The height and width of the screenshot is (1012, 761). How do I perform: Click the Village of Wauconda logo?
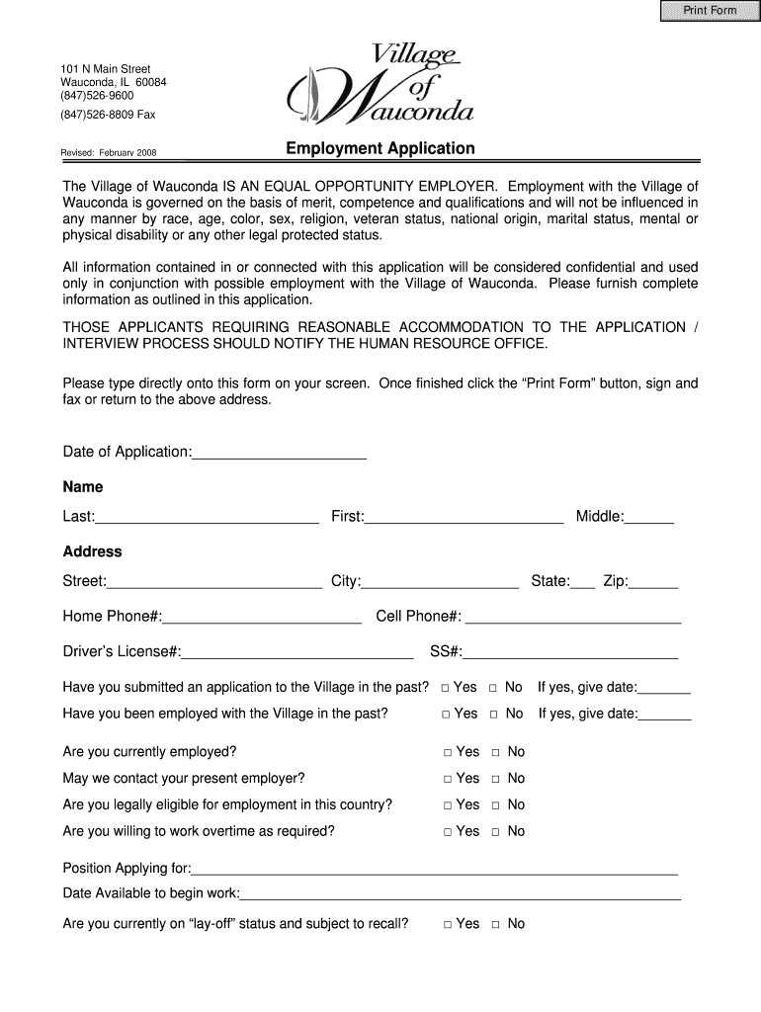pyautogui.click(x=380, y=86)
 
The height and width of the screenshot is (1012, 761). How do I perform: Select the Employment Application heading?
pyautogui.click(x=380, y=148)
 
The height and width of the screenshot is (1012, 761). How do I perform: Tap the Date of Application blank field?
pyautogui.click(x=280, y=452)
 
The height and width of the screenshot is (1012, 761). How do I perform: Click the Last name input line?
pyautogui.click(x=207, y=516)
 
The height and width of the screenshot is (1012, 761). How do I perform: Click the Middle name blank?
pyautogui.click(x=649, y=516)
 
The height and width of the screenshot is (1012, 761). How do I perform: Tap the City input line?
pyautogui.click(x=440, y=581)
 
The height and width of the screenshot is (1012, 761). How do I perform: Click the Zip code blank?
pyautogui.click(x=654, y=581)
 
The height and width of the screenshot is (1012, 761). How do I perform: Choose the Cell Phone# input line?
pyautogui.click(x=572, y=618)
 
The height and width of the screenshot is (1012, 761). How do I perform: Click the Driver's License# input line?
pyautogui.click(x=297, y=652)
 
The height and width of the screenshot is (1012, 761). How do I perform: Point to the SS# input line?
pyautogui.click(x=570, y=652)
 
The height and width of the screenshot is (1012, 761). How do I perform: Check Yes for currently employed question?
pyautogui.click(x=448, y=752)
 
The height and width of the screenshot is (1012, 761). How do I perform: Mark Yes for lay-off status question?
pyautogui.click(x=448, y=924)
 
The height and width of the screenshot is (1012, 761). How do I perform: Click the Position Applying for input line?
pyautogui.click(x=435, y=869)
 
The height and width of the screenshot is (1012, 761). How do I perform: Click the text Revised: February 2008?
pyautogui.click(x=109, y=153)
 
